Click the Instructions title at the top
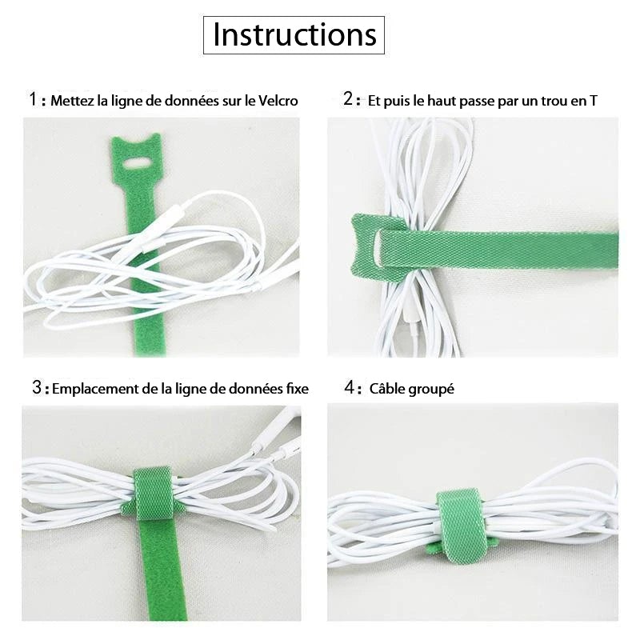[x=294, y=35]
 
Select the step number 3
[x=37, y=388]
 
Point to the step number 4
[x=349, y=388]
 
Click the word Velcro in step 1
[x=278, y=101]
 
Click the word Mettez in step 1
[x=70, y=101]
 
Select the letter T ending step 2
[x=592, y=101]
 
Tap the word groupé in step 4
[x=432, y=390]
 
